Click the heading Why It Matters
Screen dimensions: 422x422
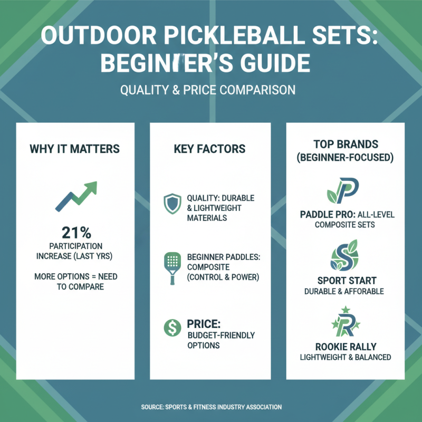(x=74, y=149)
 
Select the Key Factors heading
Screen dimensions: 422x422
(x=209, y=149)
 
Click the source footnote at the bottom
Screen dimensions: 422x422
(x=211, y=407)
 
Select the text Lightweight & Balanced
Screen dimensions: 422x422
(x=346, y=357)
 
